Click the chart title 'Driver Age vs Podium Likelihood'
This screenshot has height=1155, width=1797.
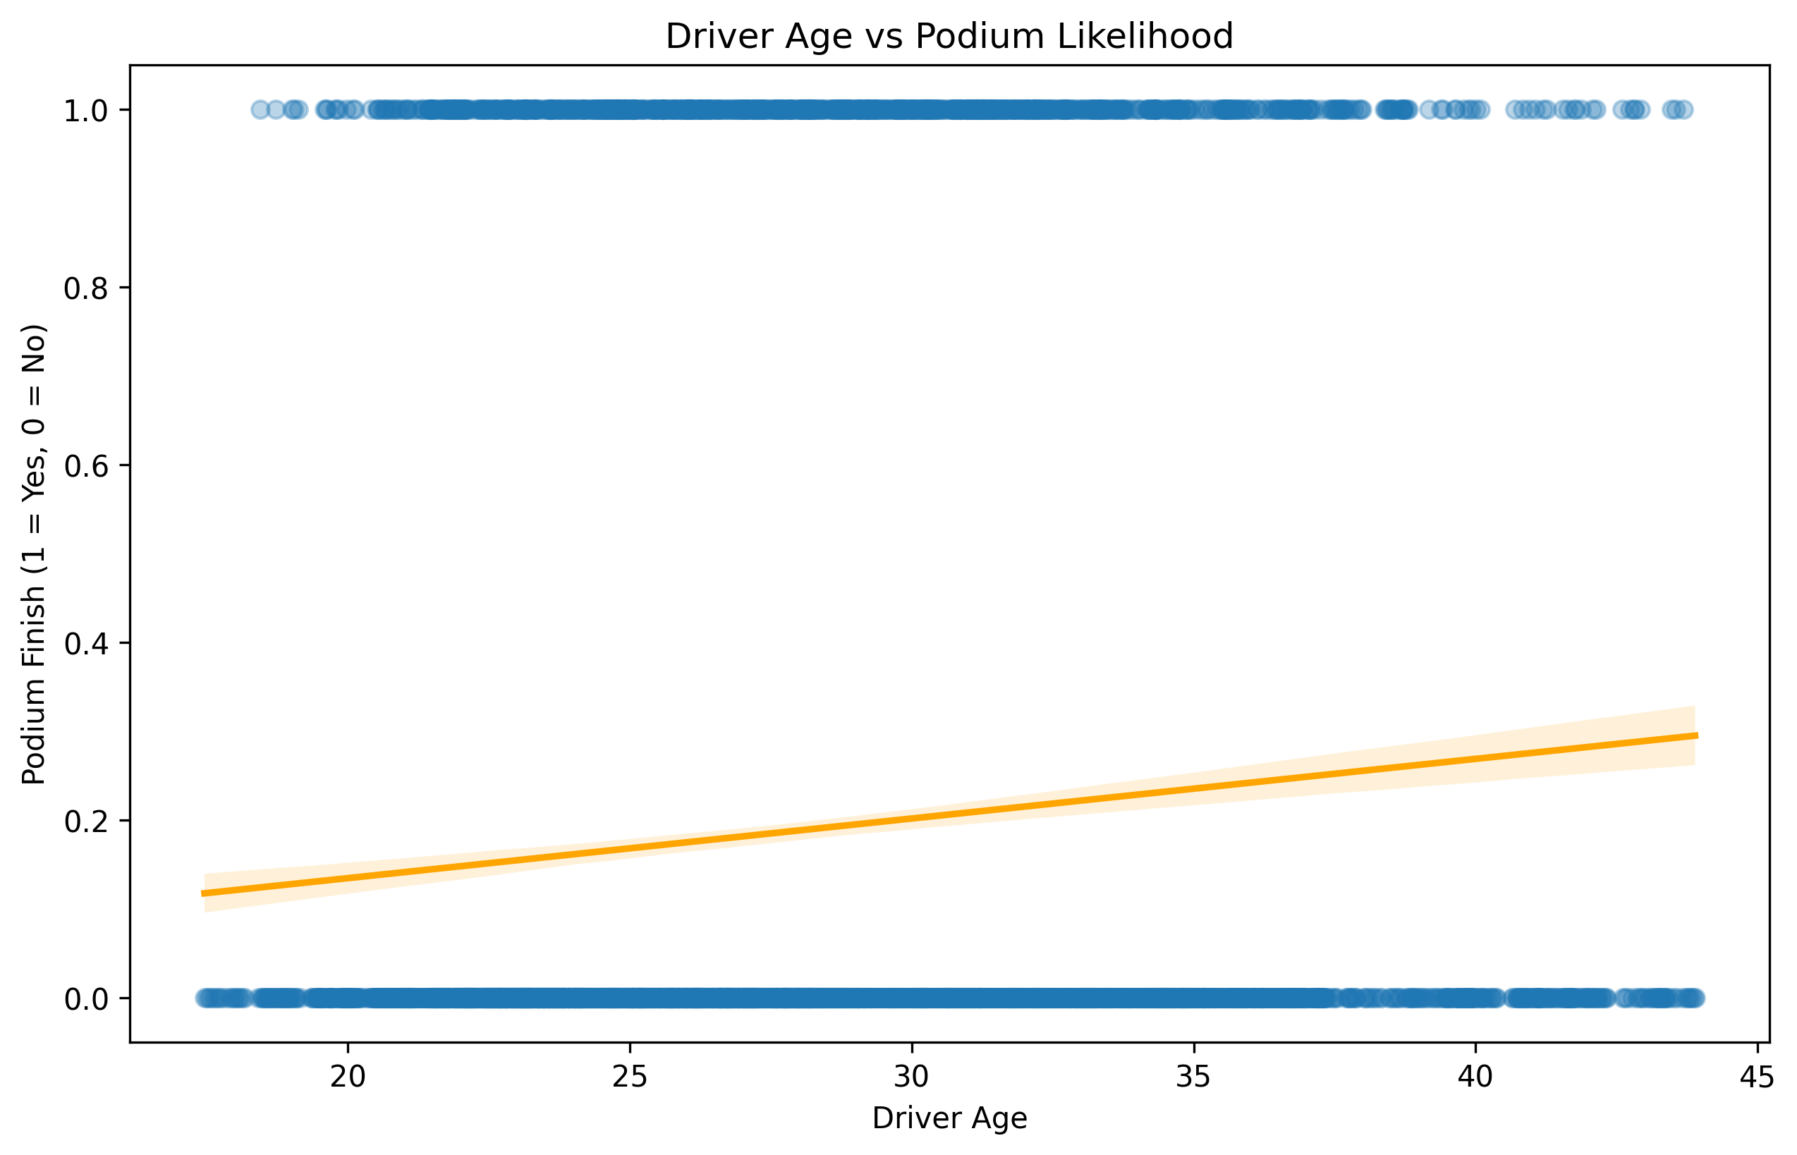949,36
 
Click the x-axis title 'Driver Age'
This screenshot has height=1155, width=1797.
949,1118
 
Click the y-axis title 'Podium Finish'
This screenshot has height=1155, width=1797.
34,555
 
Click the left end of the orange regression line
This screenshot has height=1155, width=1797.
203,893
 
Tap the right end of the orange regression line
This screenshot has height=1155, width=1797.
1696,735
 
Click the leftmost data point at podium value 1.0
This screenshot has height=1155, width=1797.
260,110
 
